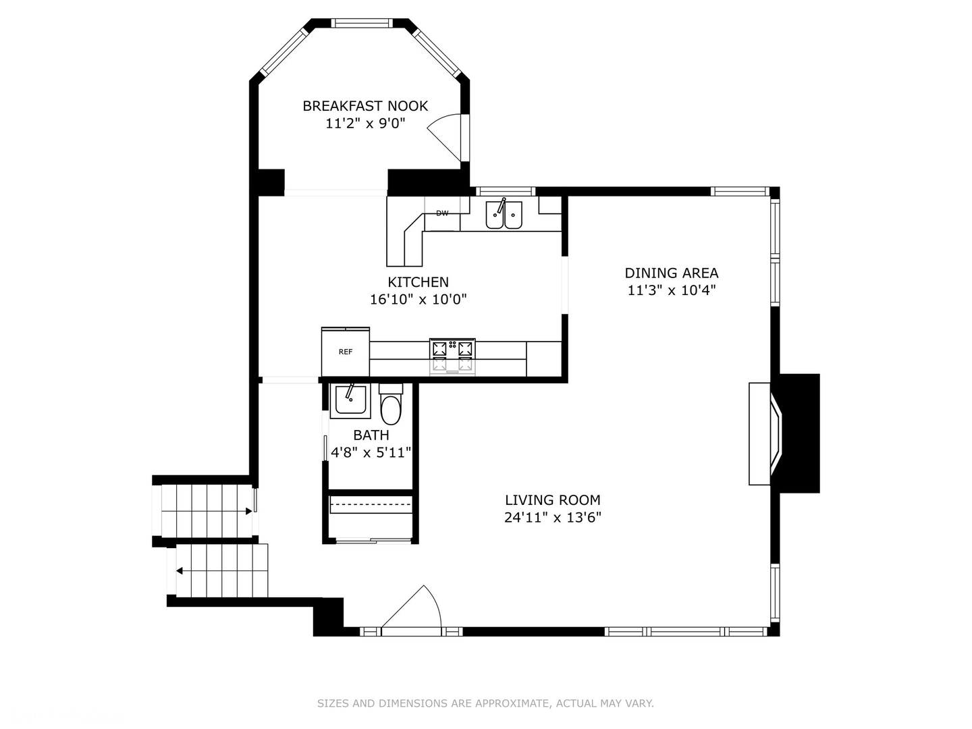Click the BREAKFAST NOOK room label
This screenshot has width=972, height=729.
[x=365, y=106]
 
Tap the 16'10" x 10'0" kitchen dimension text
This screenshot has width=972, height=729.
[x=418, y=300]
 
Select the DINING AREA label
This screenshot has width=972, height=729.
[x=671, y=273]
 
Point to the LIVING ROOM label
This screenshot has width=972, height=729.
[x=552, y=500]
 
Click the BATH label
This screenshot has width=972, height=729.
[x=371, y=435]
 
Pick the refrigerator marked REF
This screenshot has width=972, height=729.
[x=345, y=352]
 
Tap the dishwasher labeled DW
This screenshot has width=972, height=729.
[x=442, y=214]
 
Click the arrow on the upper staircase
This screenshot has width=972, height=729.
[x=248, y=512]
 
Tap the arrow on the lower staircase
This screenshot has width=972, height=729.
[x=180, y=571]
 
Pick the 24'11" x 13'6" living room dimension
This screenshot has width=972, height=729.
[x=552, y=518]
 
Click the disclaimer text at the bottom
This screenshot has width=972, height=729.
[x=485, y=703]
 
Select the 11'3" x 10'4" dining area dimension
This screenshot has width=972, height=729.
[x=671, y=290]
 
